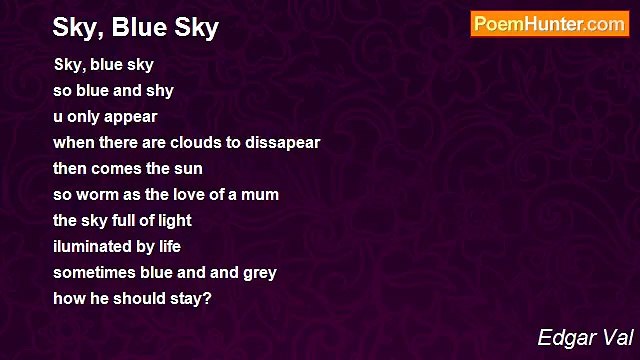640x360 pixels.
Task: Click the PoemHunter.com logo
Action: click(549, 24)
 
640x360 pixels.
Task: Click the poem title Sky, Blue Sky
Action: click(136, 28)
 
